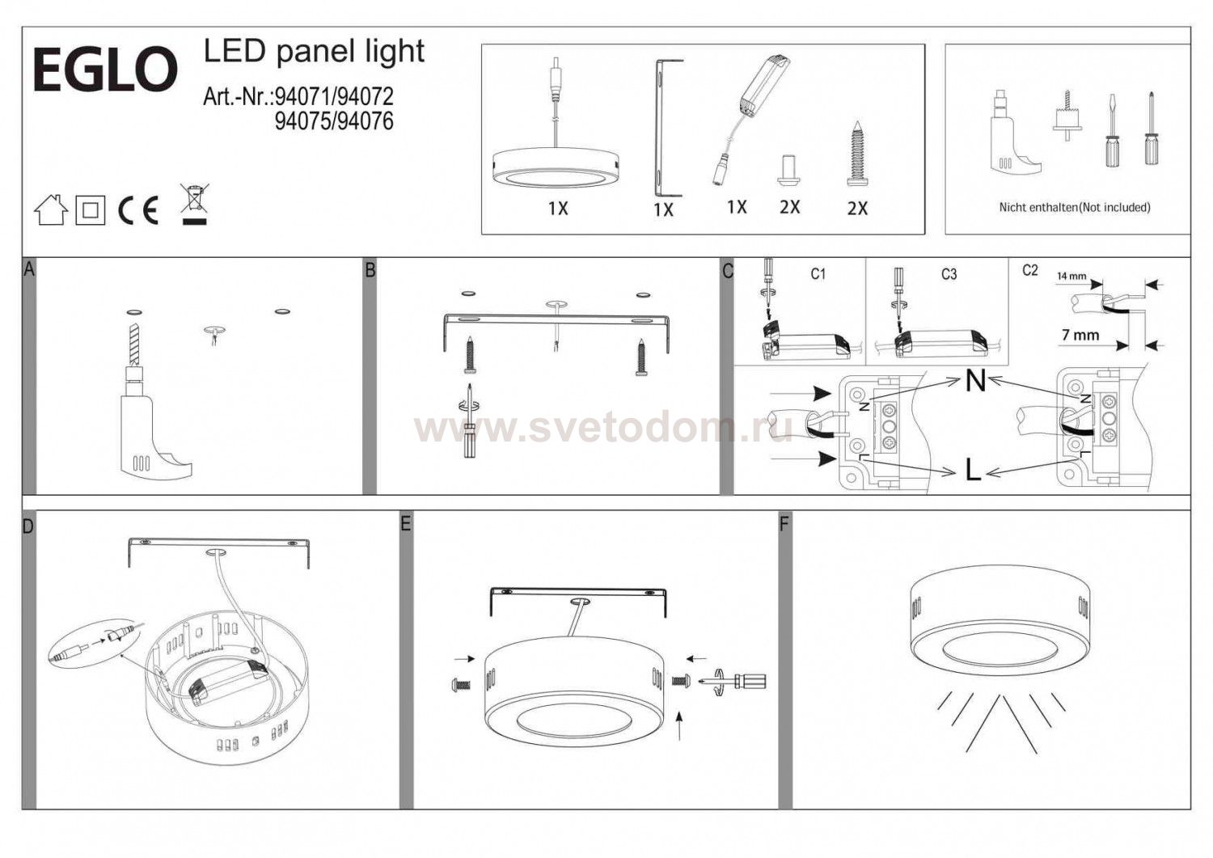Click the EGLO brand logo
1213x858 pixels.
106,70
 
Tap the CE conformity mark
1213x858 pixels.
138,211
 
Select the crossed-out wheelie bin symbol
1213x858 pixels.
194,204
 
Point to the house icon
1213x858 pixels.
51,209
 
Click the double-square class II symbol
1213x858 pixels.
91,210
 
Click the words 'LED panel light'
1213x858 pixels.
314,53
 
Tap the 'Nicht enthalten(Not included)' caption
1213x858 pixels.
1075,207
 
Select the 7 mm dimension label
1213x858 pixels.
1080,336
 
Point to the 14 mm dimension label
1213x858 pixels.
1071,277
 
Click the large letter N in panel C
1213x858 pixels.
975,382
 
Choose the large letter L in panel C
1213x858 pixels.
973,470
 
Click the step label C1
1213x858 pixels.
818,275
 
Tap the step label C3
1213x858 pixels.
949,275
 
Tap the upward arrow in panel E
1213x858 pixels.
681,726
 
